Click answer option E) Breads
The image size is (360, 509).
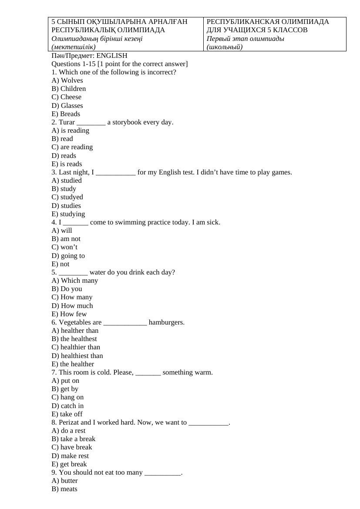66,114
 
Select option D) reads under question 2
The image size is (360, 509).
64,156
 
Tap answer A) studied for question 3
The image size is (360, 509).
67,181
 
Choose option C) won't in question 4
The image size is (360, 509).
64,248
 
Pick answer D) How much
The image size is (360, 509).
72,306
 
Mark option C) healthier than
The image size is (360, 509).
76,347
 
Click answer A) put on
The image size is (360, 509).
65,381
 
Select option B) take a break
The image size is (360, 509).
74,439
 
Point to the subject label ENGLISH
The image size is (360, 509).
112,56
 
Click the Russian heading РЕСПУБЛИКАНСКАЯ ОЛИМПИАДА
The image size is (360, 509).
268,22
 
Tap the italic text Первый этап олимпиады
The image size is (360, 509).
246,39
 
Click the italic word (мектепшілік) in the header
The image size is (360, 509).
74,47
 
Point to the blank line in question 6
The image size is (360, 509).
125,323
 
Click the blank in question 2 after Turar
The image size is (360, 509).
91,122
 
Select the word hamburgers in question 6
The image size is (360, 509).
167,322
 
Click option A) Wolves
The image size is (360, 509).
67,80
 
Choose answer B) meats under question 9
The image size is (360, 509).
64,489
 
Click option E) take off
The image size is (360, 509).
67,414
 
